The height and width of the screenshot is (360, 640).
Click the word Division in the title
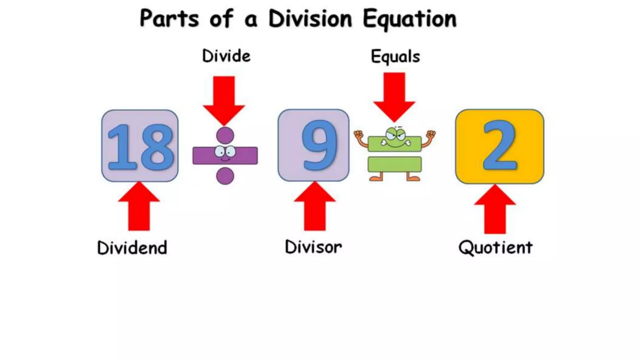pyautogui.click(x=310, y=19)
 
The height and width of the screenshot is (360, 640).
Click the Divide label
pyautogui.click(x=226, y=56)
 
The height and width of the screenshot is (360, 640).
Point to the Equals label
pyautogui.click(x=395, y=57)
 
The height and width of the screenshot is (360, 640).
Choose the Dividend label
pyautogui.click(x=132, y=248)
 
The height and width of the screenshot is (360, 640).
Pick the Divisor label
pyautogui.click(x=313, y=247)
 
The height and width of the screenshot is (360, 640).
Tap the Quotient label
pyautogui.click(x=495, y=248)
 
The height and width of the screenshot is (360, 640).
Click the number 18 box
pyautogui.click(x=140, y=146)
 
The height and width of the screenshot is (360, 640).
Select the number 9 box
pyautogui.click(x=313, y=145)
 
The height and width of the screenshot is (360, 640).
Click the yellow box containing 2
pyautogui.click(x=499, y=146)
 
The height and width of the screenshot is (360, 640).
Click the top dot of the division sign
pyautogui.click(x=225, y=136)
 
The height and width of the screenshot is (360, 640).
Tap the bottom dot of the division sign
pyautogui.click(x=225, y=176)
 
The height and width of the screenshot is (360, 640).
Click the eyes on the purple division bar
pyautogui.click(x=225, y=152)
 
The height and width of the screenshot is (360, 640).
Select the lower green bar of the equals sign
pyautogui.click(x=394, y=164)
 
